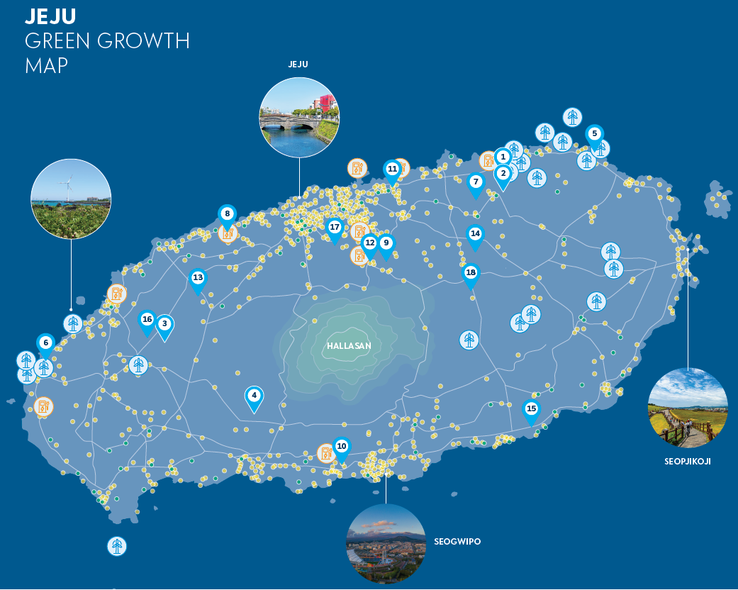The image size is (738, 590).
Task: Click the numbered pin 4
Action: click(x=254, y=396)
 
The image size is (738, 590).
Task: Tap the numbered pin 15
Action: click(x=531, y=409)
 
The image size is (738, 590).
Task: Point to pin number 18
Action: click(x=471, y=273)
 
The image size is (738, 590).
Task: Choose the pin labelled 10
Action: click(x=342, y=447)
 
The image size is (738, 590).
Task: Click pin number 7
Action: click(x=476, y=182)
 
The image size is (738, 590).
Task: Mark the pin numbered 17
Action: click(x=335, y=228)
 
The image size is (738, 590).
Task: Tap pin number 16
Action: click(x=147, y=320)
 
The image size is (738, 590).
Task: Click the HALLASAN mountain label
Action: click(x=349, y=346)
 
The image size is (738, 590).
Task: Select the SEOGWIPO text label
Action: click(x=457, y=542)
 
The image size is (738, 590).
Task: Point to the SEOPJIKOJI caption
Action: click(x=688, y=461)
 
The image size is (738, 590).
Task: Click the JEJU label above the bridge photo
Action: click(x=298, y=65)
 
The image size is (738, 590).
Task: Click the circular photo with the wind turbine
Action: click(x=70, y=199)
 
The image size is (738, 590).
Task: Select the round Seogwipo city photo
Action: click(x=386, y=544)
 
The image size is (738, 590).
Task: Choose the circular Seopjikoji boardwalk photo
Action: click(x=688, y=407)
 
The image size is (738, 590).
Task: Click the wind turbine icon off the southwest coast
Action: click(x=117, y=546)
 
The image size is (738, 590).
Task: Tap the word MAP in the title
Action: click(x=46, y=66)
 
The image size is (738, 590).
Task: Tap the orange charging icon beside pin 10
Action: click(x=325, y=452)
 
